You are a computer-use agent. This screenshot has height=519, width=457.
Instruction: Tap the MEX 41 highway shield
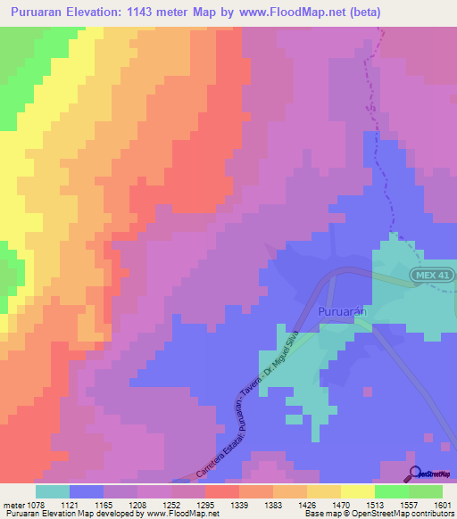(431, 276)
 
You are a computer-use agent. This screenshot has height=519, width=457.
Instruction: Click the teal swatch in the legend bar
(53, 491)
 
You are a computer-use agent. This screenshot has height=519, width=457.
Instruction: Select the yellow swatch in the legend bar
(357, 491)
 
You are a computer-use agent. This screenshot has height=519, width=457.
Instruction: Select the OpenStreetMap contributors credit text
(411, 514)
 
